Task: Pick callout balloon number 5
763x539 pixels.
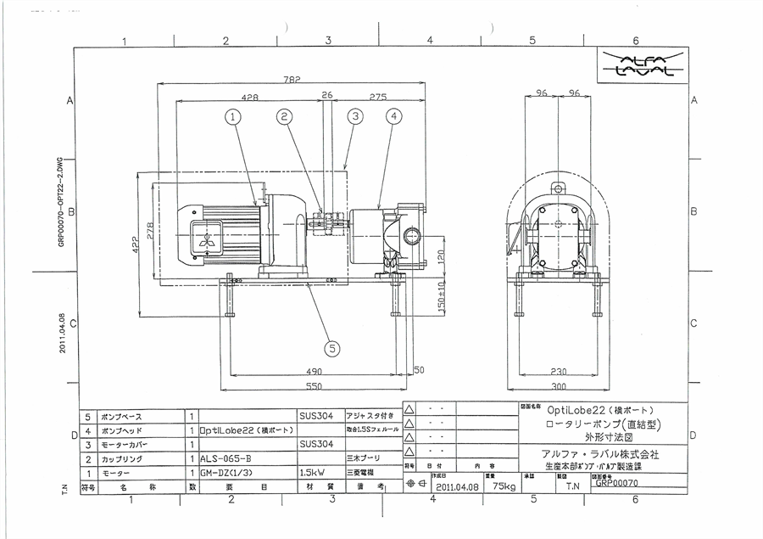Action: coord(331,346)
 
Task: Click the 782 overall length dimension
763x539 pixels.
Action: coord(292,81)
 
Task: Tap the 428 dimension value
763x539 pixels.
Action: coord(250,98)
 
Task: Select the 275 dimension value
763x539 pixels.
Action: coord(378,98)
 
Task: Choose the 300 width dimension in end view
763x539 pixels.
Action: coord(559,385)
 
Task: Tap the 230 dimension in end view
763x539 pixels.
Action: coord(559,371)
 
